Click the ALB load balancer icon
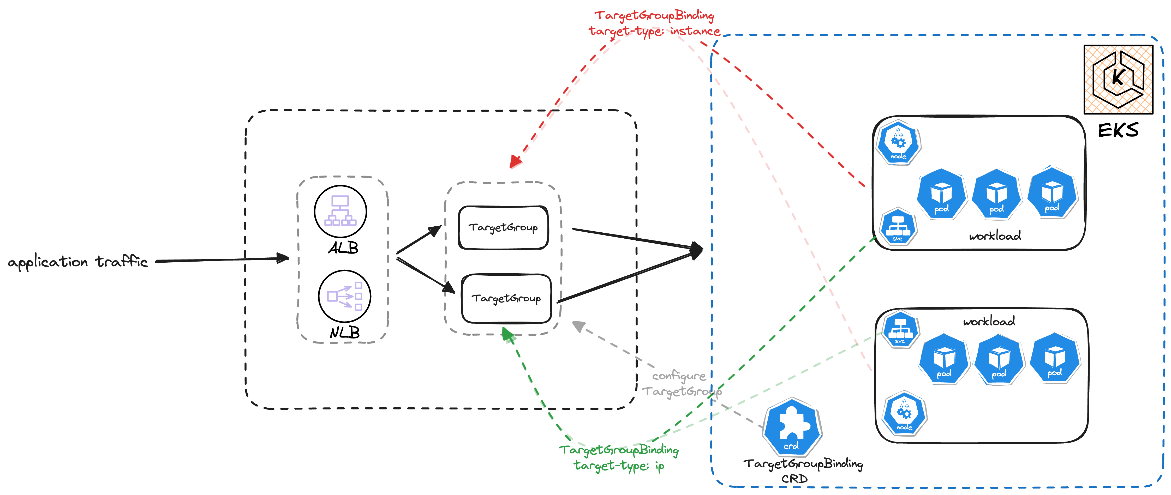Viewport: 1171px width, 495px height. coord(340,211)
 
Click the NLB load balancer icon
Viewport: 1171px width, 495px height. coord(344,296)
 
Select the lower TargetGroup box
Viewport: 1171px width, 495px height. coord(506,299)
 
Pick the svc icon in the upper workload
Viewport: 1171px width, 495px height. coord(897,227)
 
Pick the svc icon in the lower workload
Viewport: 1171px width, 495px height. coord(900,330)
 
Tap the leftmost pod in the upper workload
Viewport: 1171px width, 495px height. coord(941,195)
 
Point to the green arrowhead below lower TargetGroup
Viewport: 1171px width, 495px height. coord(507,335)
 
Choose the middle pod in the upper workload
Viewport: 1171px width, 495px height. coord(996,195)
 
